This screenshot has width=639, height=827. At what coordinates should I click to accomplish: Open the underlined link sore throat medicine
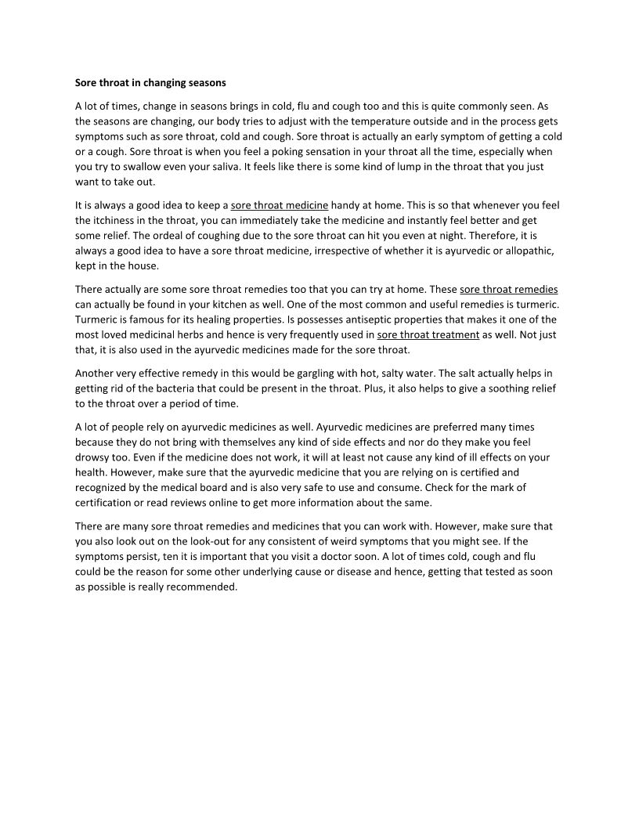coord(279,205)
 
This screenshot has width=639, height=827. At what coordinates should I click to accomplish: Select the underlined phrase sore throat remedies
coord(508,289)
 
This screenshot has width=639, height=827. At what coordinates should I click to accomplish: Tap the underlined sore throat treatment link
coord(428,334)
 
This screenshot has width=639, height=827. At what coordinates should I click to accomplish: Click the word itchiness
coord(119,221)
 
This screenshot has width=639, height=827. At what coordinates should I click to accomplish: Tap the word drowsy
coord(90,457)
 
